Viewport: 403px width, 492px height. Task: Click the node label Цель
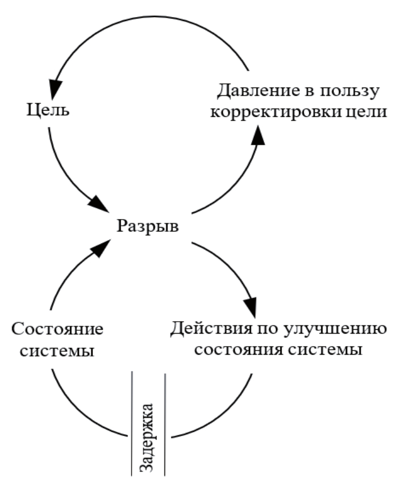point(49,110)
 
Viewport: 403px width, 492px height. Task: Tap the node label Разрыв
point(149,227)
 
